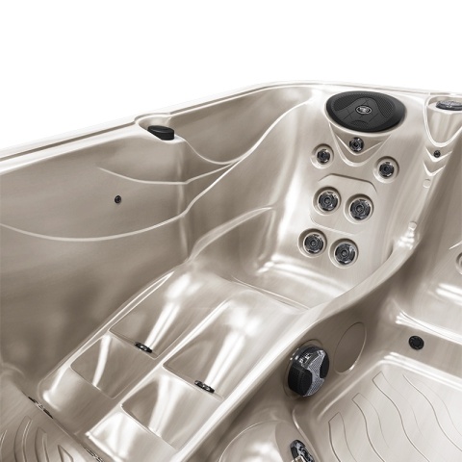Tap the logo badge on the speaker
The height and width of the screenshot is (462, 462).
tap(366, 109)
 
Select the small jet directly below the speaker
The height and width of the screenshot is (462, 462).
tap(356, 144)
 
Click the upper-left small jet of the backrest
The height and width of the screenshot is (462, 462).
tap(324, 155)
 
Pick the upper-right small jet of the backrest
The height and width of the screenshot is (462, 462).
tap(386, 168)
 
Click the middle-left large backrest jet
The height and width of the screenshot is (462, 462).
tap(328, 199)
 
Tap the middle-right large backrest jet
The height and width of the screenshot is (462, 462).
tap(359, 206)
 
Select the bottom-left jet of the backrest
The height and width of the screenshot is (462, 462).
tap(313, 242)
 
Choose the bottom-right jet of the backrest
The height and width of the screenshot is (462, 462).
tap(344, 251)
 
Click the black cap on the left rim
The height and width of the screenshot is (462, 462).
tap(162, 132)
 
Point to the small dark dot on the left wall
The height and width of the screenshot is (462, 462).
tap(118, 199)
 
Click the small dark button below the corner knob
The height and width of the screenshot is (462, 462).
tap(436, 153)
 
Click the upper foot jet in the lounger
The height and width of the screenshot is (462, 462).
tap(143, 346)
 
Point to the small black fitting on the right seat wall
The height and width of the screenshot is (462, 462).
tap(416, 342)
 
